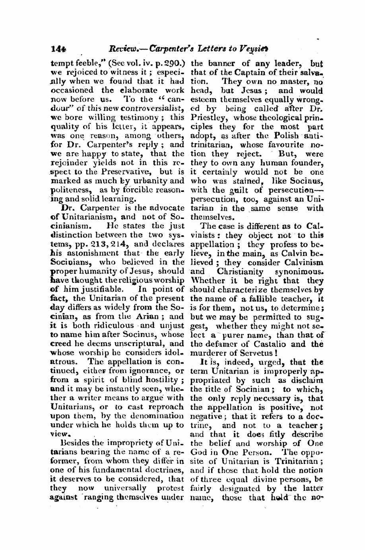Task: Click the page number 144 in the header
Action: click(58, 49)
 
